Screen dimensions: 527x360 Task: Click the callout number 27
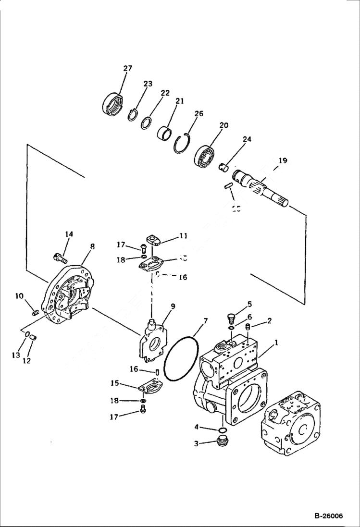127,69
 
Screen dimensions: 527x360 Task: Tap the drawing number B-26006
329,516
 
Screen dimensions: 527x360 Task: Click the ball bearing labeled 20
207,152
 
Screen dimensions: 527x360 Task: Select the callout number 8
92,246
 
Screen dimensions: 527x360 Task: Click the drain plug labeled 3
223,441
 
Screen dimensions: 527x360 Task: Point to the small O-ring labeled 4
223,429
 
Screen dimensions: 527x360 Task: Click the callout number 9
172,306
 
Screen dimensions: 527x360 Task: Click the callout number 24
247,140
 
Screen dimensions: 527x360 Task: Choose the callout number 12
27,360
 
